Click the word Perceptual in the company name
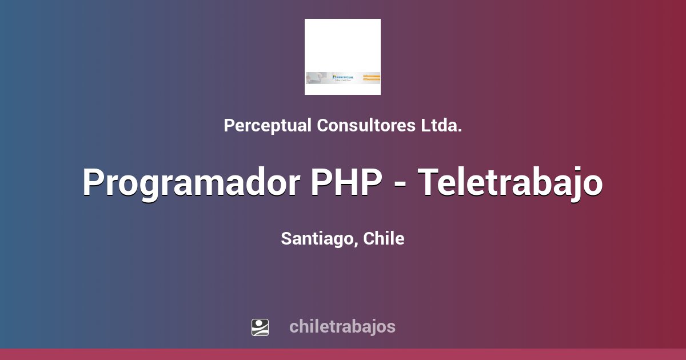click(268, 126)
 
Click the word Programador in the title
click(192, 183)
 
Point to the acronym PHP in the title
click(346, 183)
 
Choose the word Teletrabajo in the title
click(510, 183)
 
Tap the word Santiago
click(318, 239)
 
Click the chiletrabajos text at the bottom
click(342, 327)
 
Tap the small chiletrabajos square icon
click(260, 327)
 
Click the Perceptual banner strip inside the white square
click(342, 78)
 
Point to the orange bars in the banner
click(372, 77)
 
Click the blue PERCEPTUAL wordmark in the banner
click(344, 77)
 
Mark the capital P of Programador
click(94, 183)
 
